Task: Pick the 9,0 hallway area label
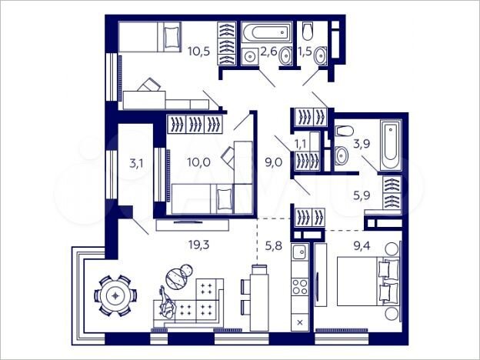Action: pyautogui.click(x=272, y=162)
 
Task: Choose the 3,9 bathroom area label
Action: pyautogui.click(x=362, y=143)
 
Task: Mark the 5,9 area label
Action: pyautogui.click(x=362, y=195)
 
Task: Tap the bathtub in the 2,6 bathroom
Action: pyautogui.click(x=266, y=32)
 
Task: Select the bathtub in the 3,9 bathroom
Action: pyautogui.click(x=390, y=146)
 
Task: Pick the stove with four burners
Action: pyautogui.click(x=300, y=285)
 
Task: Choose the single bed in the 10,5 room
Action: pyautogui.click(x=150, y=36)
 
